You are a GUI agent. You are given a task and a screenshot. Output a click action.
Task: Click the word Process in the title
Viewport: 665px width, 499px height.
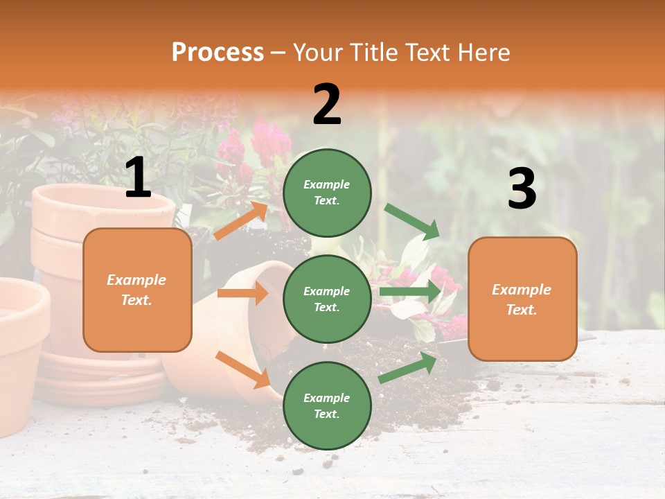coord(218,53)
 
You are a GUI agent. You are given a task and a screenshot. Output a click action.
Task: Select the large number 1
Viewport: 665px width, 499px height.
coord(138,177)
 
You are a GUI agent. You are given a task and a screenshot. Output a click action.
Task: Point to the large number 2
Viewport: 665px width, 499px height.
coord(327,105)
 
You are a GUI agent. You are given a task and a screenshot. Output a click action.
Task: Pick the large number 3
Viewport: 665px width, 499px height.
coord(522,189)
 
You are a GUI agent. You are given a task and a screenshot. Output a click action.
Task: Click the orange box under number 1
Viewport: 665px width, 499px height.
coord(137,290)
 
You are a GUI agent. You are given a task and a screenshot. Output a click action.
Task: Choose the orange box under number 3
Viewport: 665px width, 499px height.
coord(522,299)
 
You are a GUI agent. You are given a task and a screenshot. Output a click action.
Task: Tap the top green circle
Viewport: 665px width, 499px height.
coord(327,193)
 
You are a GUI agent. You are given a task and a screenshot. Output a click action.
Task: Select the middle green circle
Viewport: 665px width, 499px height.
coord(327,299)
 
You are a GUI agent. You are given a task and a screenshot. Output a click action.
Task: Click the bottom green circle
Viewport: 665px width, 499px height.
coord(327,405)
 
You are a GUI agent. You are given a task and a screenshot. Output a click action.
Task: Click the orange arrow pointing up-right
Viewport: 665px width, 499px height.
coord(240,221)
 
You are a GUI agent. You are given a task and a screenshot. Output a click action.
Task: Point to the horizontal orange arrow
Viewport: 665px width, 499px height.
coord(242,293)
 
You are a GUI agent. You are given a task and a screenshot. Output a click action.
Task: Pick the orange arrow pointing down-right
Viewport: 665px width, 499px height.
coord(243,369)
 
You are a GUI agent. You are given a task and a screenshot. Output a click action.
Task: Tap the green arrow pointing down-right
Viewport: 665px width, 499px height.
coord(412,221)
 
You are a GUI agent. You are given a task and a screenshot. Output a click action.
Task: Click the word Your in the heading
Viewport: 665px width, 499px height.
coord(319,53)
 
